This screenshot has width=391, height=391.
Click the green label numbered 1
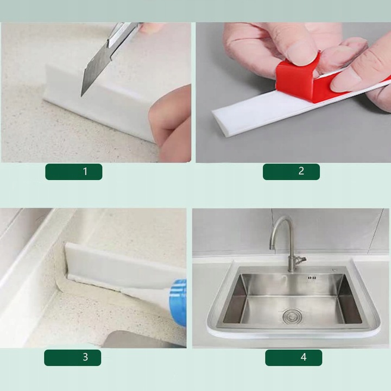tap(74, 172)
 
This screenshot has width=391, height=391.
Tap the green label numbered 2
tap(291, 172)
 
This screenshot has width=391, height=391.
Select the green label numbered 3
tap(73, 357)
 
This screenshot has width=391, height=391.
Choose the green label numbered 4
tap(293, 357)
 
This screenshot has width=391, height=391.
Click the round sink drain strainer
tap(292, 316)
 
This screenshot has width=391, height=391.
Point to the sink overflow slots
tap(312, 278)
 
